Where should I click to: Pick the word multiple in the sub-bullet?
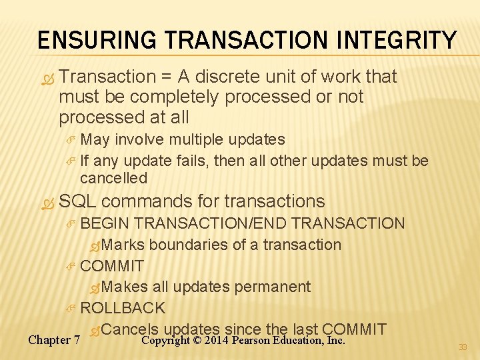[x=197, y=139]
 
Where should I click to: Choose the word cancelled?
[x=113, y=178]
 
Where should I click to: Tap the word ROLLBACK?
[x=123, y=308]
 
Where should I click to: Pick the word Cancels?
[x=131, y=329]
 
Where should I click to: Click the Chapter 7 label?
[x=54, y=340]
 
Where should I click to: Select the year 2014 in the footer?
[x=217, y=340]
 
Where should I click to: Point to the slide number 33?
[x=463, y=347]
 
